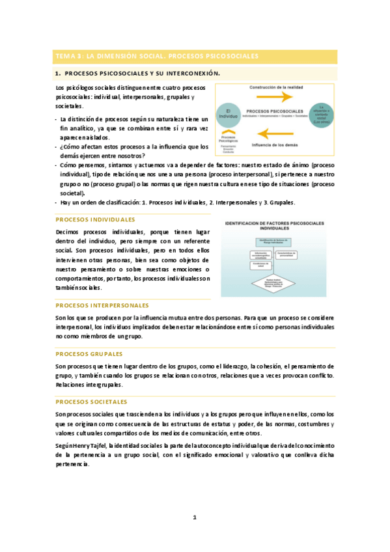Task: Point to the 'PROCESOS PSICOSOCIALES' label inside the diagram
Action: coord(274,110)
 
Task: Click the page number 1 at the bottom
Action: coord(195,517)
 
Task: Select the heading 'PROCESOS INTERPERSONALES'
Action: coord(102,305)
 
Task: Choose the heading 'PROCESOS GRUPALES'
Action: coord(89,354)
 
